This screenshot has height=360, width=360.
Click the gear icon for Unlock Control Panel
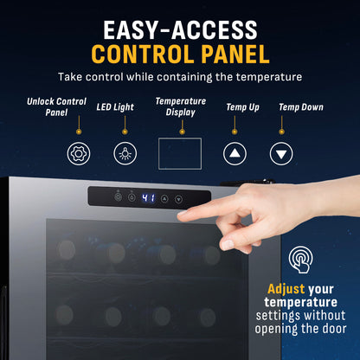point(79,153)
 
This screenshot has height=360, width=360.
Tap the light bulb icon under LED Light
point(125,153)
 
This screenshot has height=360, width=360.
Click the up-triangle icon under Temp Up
point(235,153)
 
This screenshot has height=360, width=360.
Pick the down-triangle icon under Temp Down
point(281,153)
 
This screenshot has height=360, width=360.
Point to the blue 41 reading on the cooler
point(148,198)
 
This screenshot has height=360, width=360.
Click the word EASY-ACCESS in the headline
point(180,30)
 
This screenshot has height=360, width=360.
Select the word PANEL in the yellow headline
point(235,55)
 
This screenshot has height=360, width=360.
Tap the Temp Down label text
point(301,107)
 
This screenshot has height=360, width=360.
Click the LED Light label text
point(115,107)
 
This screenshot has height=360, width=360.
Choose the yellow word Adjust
point(286,289)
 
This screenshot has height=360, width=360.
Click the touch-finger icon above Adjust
point(300,259)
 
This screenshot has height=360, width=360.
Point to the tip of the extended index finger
point(179,215)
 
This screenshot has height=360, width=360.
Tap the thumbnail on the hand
point(227,245)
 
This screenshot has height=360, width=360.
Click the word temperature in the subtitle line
point(269,77)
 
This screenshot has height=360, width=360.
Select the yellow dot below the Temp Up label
point(235,132)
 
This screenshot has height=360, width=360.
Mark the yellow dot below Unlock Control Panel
point(79,132)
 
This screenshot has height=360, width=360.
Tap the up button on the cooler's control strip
point(164,198)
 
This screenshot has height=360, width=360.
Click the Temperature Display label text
point(181,106)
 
